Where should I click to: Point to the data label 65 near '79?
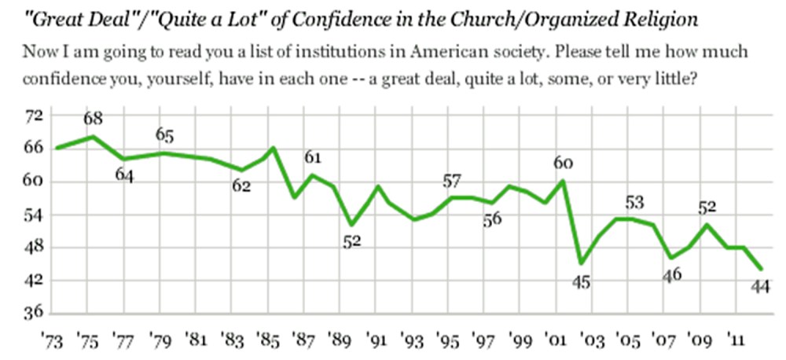tap(164, 135)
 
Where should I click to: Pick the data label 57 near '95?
tap(451, 180)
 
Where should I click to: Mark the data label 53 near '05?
tap(634, 202)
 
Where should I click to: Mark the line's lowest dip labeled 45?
tap(581, 263)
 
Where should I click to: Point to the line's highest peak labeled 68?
tap(94, 137)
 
